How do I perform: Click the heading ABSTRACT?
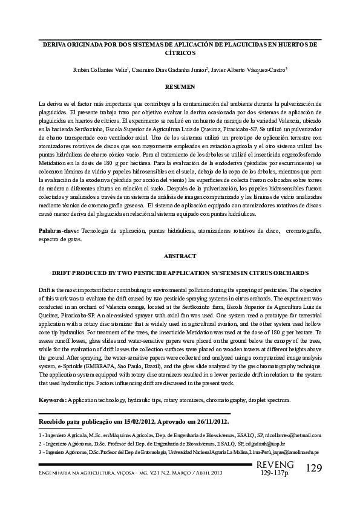(180, 256)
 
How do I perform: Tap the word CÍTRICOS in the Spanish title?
(180, 53)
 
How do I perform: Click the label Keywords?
(53, 400)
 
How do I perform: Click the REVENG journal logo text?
(275, 464)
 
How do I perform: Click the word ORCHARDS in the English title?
(287, 273)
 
